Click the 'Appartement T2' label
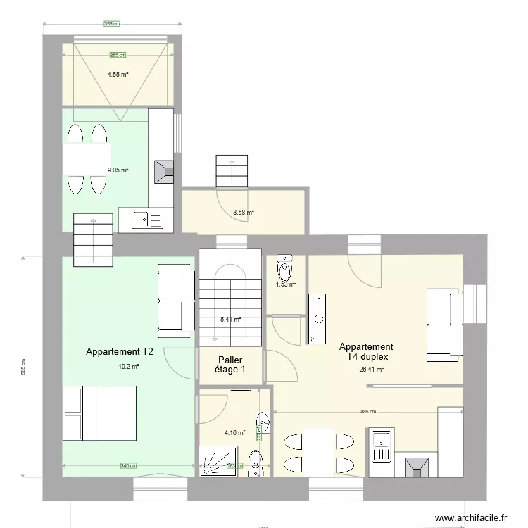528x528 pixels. click(119, 351)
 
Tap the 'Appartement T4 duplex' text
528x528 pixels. click(366, 352)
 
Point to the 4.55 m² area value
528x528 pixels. click(118, 74)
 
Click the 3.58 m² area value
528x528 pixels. click(244, 212)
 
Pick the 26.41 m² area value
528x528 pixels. click(371, 369)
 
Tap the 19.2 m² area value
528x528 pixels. click(129, 366)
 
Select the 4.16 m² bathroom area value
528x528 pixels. click(234, 433)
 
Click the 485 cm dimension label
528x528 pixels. click(368, 412)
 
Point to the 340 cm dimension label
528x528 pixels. click(128, 465)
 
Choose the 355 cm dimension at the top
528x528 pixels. click(113, 24)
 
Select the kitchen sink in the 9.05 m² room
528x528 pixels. click(148, 220)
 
